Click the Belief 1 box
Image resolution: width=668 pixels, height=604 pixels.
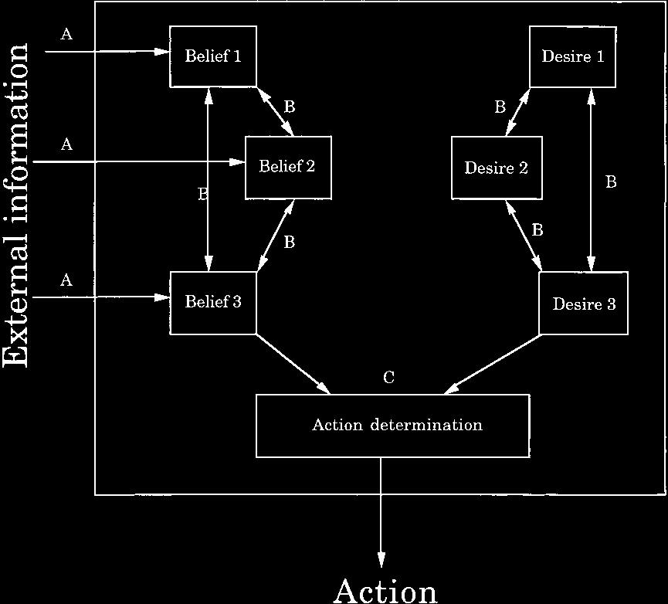[x=213, y=56]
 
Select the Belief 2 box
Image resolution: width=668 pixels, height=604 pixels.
[x=288, y=167]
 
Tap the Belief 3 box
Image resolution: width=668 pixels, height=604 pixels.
[x=213, y=302]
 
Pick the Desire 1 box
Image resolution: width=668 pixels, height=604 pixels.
[x=572, y=56]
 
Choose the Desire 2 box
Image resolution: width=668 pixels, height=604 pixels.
[x=497, y=168]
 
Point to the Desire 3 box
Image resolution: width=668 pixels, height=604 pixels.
[x=584, y=304]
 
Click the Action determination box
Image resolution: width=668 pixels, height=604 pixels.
[x=392, y=426]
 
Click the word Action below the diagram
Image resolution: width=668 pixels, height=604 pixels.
[x=385, y=590]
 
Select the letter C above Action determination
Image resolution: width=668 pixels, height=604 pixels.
[x=389, y=378]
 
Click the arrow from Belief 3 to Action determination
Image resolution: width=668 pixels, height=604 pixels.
[x=293, y=363]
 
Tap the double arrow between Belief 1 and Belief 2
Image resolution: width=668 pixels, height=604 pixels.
[x=276, y=111]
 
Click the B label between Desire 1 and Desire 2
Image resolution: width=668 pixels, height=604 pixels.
[x=500, y=107]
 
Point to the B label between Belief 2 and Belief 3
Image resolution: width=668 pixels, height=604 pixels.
[x=290, y=242]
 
